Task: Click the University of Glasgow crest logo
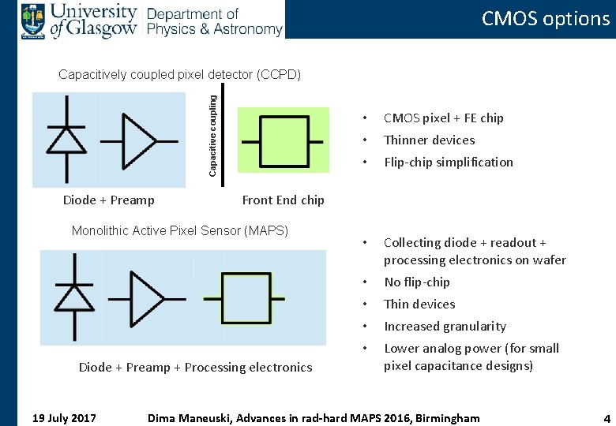33,21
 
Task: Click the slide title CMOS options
546,19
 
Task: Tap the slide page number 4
607,418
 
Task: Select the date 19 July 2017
63,417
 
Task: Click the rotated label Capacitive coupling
212,132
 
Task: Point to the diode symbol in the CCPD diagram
66,139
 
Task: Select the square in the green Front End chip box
283,142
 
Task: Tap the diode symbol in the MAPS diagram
73,298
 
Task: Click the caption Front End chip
283,200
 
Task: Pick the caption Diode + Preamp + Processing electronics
195,367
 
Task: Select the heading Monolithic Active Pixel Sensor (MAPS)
180,231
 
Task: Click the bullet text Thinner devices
429,140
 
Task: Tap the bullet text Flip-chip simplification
448,163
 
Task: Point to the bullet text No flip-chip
416,282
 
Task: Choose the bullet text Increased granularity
445,327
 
